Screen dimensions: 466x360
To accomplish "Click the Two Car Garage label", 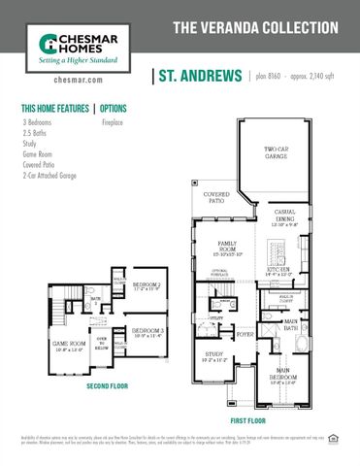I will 278,152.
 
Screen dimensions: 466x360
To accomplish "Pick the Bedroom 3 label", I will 148,331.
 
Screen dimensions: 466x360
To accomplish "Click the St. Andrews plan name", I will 198,75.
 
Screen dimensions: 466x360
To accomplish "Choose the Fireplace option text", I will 116,123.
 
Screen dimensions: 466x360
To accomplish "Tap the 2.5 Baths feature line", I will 36,133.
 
